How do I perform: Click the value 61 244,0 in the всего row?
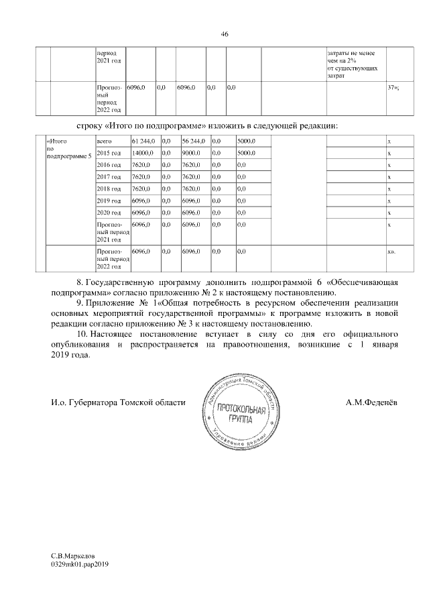144,141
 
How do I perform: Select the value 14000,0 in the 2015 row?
143,153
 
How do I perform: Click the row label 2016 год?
109,165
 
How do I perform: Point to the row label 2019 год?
109,201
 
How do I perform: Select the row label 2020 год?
109,213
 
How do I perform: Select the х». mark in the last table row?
392,252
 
